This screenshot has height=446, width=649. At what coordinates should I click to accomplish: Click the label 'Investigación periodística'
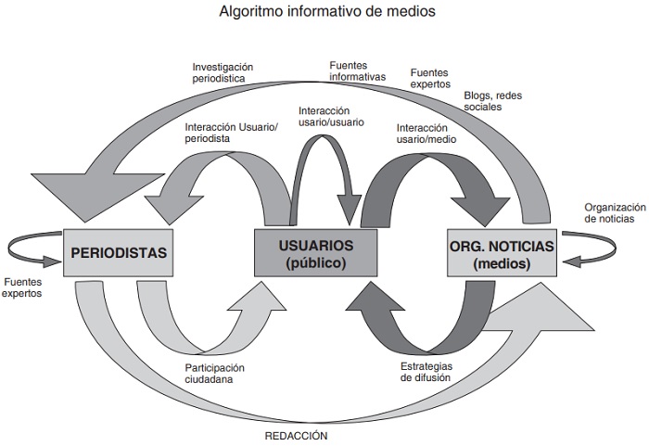pos(223,73)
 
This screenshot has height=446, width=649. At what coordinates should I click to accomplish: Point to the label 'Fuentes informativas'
pos(357,70)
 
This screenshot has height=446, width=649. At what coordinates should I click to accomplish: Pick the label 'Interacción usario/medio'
pos(426,133)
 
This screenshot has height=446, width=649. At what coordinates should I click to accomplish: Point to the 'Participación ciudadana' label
pos(215,373)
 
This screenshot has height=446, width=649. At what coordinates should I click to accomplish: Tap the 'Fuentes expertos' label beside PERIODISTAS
pos(23,287)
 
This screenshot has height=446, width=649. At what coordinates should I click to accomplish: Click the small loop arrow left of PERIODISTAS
pos(32,248)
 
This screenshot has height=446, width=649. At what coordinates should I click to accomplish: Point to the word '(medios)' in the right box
pos(500,263)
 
